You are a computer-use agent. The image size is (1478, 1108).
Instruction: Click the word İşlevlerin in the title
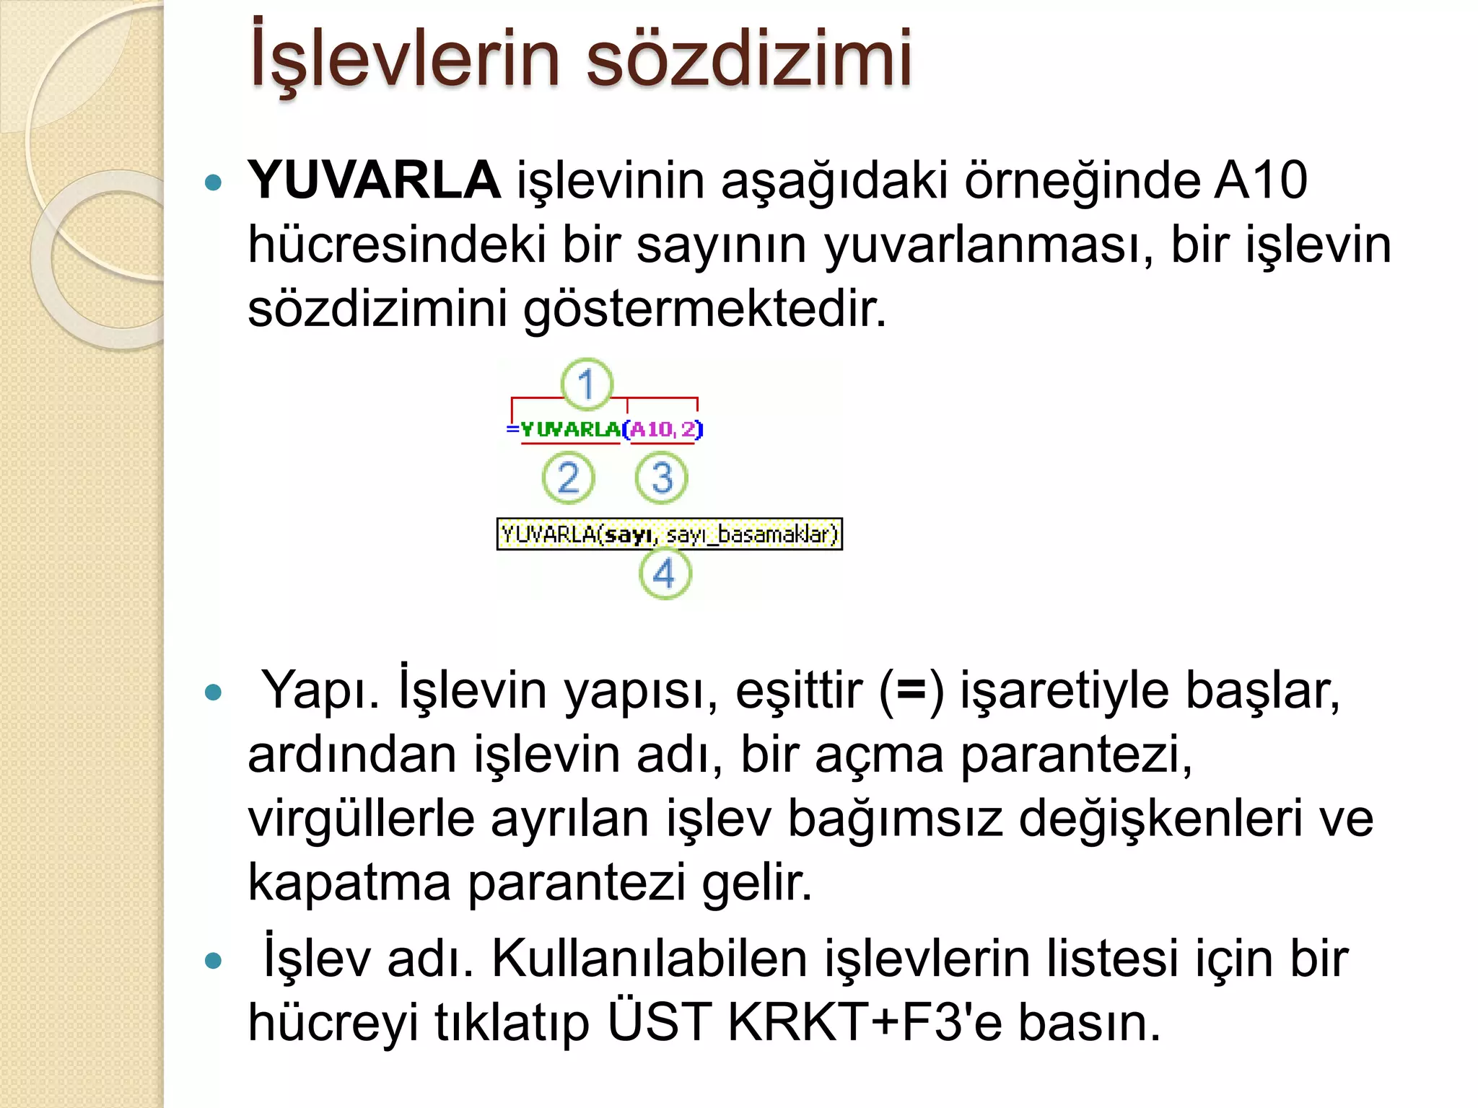coord(404,58)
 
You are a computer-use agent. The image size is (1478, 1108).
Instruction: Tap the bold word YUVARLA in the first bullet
coord(374,180)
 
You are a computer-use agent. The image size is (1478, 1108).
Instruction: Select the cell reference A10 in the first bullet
coord(1260,180)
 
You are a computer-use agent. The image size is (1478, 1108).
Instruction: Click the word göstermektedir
coord(704,309)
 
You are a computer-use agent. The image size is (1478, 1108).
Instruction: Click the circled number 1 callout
coord(587,384)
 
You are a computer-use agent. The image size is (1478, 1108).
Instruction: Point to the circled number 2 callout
coord(568,478)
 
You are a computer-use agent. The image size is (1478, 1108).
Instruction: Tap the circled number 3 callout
coord(662,478)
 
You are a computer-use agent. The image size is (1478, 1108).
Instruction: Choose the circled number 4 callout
coord(665,574)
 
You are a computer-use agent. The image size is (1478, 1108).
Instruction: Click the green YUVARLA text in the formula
coord(570,430)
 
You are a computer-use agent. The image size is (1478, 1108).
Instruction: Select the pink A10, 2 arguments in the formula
coord(663,430)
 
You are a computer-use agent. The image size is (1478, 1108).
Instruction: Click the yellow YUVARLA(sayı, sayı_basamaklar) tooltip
coord(670,535)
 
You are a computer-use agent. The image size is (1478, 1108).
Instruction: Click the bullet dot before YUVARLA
coord(213,182)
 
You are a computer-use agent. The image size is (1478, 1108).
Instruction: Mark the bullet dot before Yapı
coord(213,693)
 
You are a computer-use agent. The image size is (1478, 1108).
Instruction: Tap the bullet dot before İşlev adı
coord(213,961)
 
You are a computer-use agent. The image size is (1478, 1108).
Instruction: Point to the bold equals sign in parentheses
coord(911,690)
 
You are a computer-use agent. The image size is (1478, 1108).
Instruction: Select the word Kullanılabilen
coord(650,959)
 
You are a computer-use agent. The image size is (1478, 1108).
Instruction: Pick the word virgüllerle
coord(361,819)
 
